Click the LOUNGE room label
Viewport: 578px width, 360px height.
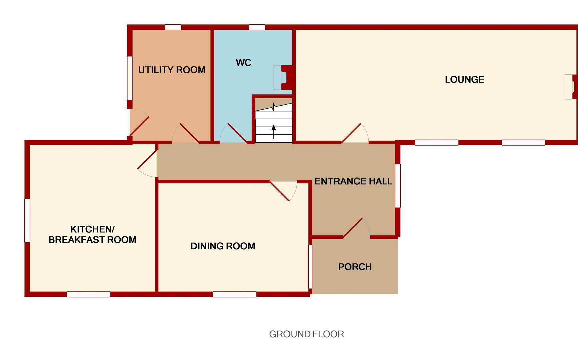click(x=464, y=79)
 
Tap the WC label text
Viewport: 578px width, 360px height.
click(x=243, y=63)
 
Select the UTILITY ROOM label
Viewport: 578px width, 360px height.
click(x=172, y=70)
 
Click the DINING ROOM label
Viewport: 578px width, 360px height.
click(x=223, y=246)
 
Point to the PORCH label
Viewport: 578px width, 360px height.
click(x=355, y=267)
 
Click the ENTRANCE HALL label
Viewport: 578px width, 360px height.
click(x=353, y=181)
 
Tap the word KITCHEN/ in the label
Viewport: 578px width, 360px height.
click(x=92, y=229)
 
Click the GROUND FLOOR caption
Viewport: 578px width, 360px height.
click(x=306, y=334)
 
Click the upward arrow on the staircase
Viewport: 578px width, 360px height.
click(x=274, y=131)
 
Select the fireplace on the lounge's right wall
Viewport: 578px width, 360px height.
click(x=570, y=87)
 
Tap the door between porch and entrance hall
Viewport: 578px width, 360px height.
click(x=354, y=228)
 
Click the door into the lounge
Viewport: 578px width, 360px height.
click(x=352, y=133)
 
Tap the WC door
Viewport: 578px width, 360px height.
click(x=235, y=133)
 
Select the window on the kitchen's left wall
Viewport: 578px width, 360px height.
click(x=27, y=220)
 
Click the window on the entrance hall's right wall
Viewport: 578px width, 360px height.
click(x=398, y=186)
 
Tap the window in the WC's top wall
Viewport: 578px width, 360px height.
click(x=257, y=27)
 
